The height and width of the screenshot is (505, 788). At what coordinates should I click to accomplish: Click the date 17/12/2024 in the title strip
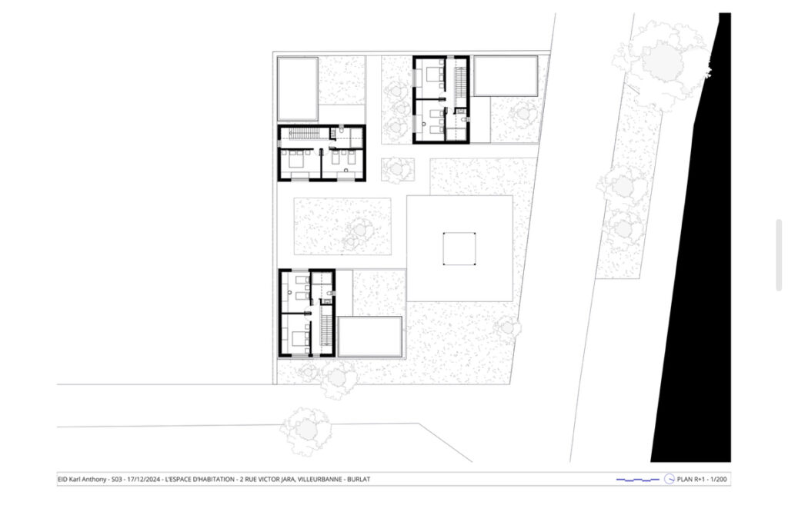coord(144,480)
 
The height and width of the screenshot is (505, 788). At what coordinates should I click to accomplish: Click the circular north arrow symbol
coord(669,480)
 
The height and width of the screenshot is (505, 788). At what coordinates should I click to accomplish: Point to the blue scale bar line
coord(638,480)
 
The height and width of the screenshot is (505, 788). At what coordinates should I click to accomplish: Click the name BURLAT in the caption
coord(359,480)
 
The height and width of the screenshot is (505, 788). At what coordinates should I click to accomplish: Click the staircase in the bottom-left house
coord(327,331)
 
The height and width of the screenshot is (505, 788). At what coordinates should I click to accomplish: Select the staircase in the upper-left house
coord(302,134)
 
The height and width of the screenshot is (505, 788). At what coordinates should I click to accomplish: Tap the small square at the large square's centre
coord(459,248)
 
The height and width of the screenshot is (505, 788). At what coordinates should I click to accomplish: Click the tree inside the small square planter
coord(396,169)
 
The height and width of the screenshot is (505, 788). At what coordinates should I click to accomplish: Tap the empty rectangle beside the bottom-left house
coord(370,337)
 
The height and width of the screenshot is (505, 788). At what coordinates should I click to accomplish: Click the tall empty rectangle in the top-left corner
coord(298,89)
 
